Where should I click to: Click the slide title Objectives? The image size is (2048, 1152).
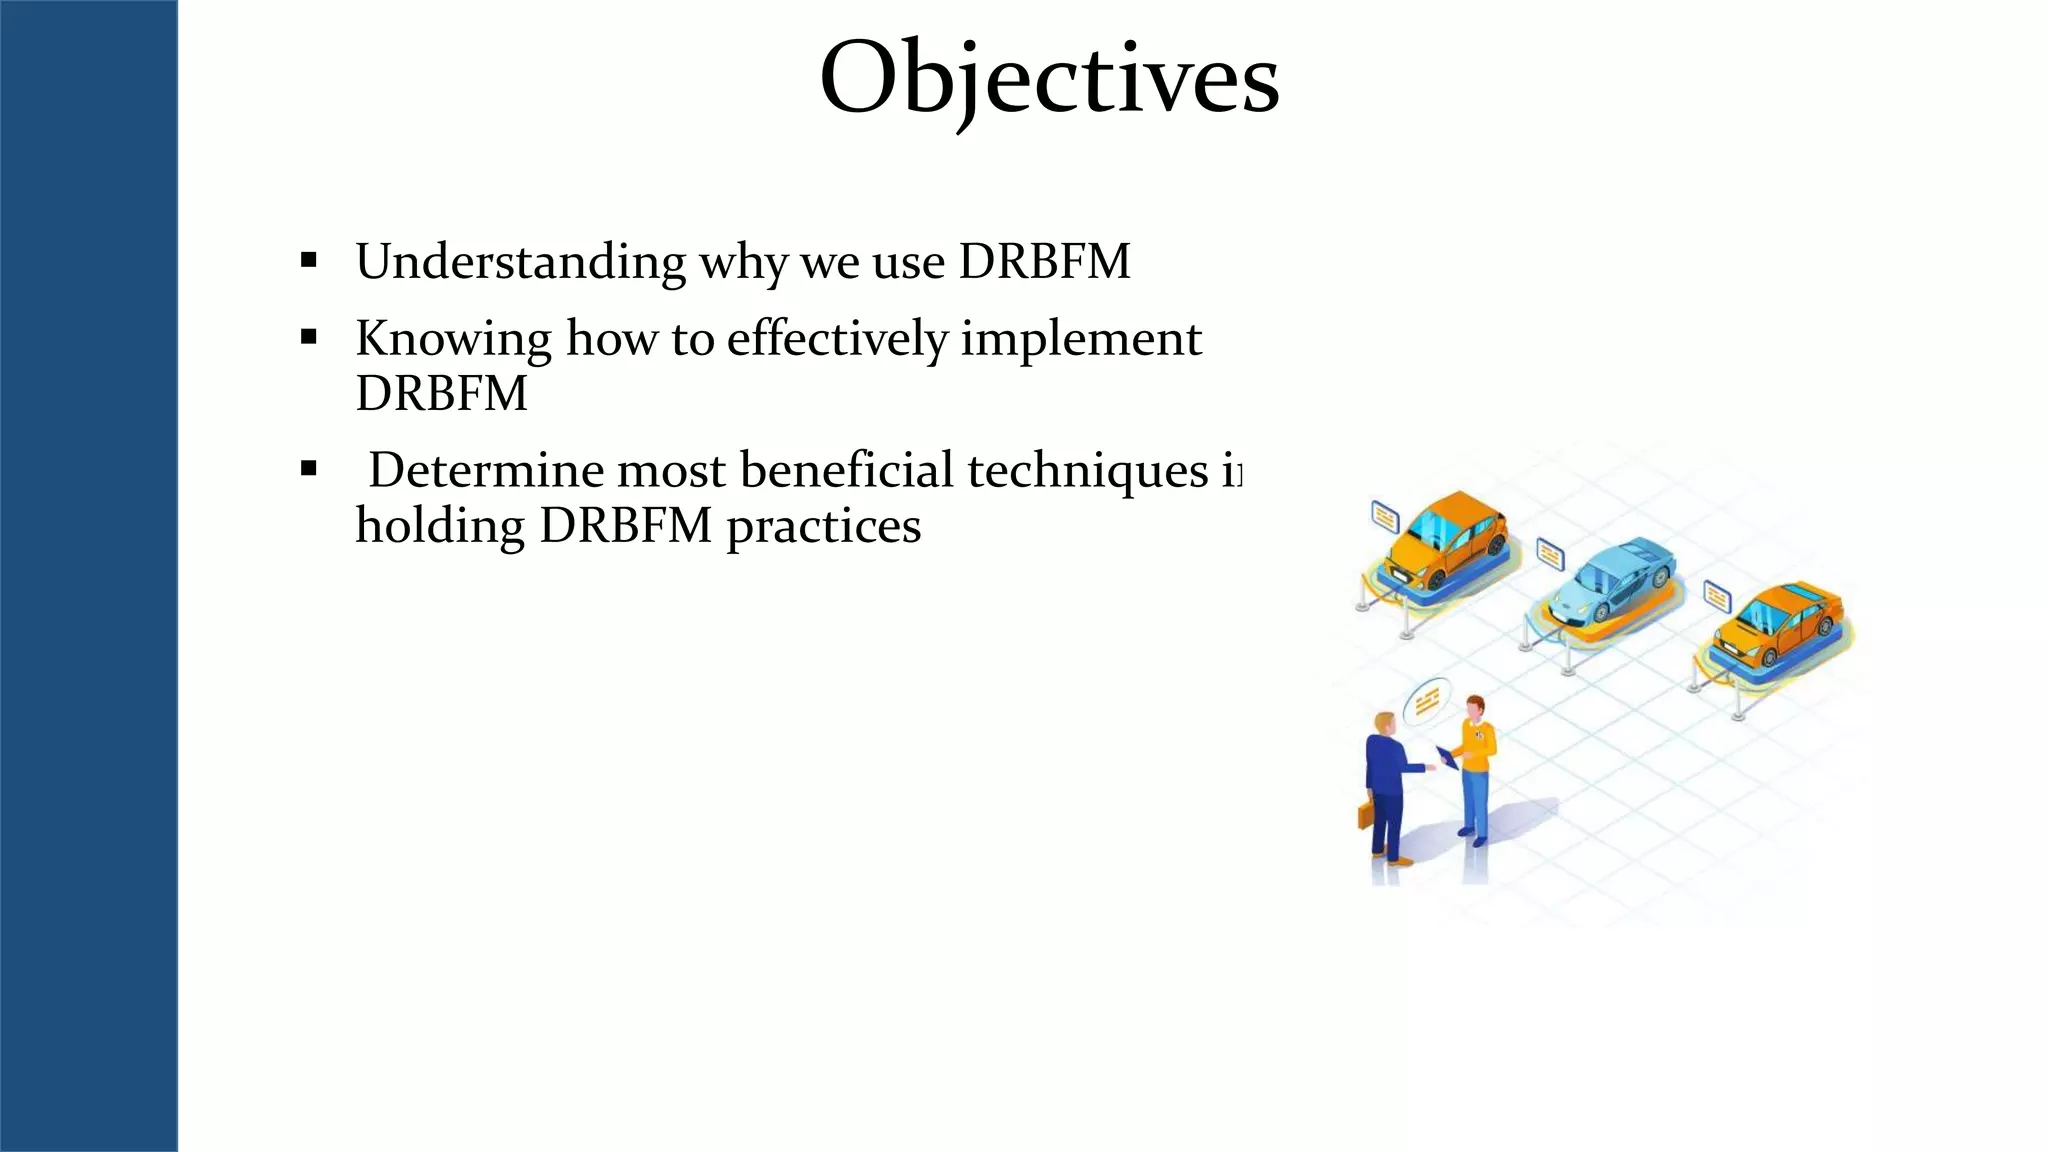[x=1048, y=78]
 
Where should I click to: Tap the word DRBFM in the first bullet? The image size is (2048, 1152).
[x=1044, y=262]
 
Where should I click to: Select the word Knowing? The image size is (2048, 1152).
[x=453, y=339]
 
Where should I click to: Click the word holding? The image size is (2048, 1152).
[x=439, y=526]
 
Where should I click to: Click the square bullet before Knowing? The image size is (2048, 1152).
[x=308, y=338]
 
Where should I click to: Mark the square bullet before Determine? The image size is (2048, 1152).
[x=308, y=469]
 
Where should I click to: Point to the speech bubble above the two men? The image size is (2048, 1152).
[x=1427, y=701]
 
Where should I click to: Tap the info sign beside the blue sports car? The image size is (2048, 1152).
[x=1550, y=552]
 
